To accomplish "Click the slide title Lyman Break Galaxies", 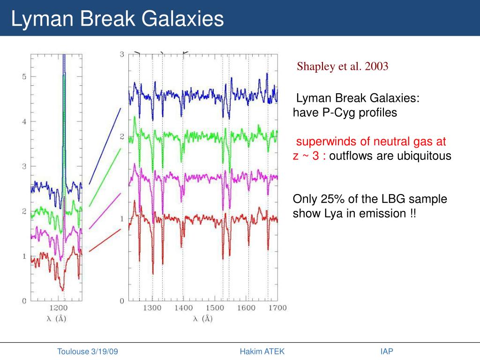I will tap(118, 19).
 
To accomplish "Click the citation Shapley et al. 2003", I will tap(343, 66).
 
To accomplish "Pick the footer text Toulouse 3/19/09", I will tap(88, 352).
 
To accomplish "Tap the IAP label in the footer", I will tap(387, 352).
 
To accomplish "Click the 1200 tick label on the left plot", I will tap(58, 308).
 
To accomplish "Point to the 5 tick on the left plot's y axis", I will tap(24, 76).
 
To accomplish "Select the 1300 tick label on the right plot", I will tap(152, 308).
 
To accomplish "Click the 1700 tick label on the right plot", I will tap(277, 308).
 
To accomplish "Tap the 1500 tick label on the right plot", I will tap(215, 308).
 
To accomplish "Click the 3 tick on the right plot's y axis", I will tap(122, 54).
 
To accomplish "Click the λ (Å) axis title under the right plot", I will tap(202, 319).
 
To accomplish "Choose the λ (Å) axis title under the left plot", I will tap(56, 319).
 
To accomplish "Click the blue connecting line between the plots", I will tap(105, 145).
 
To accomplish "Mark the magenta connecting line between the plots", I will tap(105, 210).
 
